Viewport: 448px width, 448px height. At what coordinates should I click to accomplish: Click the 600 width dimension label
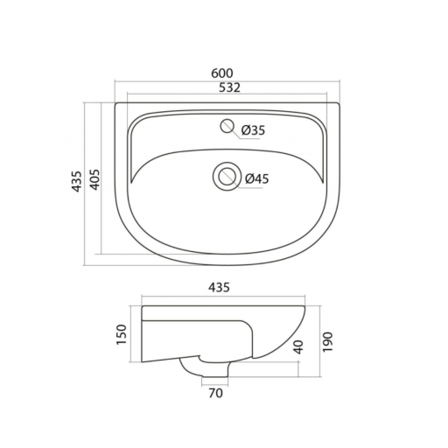222,73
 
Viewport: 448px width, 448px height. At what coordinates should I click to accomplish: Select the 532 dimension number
229,87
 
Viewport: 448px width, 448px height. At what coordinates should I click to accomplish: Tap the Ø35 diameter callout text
254,130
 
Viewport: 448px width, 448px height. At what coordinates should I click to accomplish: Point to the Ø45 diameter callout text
257,178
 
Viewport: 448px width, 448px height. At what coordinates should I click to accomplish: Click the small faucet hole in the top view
227,126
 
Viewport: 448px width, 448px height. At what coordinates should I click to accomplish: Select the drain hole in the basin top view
227,177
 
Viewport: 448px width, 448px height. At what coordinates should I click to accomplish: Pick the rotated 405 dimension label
94,179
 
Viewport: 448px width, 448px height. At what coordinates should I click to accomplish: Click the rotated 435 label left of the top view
77,181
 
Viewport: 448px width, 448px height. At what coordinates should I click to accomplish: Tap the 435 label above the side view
219,287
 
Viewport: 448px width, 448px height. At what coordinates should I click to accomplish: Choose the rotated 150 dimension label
122,334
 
